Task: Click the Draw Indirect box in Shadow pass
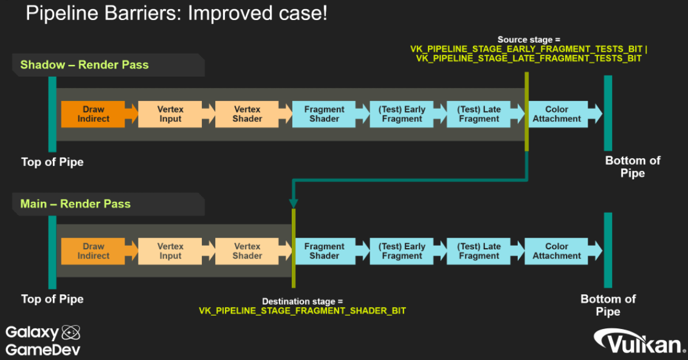pyautogui.click(x=94, y=114)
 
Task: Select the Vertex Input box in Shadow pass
pyautogui.click(x=170, y=114)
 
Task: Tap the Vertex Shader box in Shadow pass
pyautogui.click(x=247, y=114)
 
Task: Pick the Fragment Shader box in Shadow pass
pyautogui.click(x=324, y=114)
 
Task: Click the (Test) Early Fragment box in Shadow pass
pyautogui.click(x=402, y=114)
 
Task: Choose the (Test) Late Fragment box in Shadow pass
pyautogui.click(x=479, y=114)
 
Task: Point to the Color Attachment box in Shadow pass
pyautogui.click(x=557, y=114)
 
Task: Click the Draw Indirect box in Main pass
pyautogui.click(x=94, y=251)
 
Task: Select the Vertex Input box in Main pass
pyautogui.click(x=170, y=251)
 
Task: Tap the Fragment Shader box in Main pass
pyautogui.click(x=324, y=251)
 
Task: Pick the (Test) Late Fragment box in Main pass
pyautogui.click(x=479, y=251)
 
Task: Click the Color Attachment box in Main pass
pyautogui.click(x=557, y=251)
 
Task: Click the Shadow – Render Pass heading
pyautogui.click(x=84, y=65)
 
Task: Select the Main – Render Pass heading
pyautogui.click(x=75, y=204)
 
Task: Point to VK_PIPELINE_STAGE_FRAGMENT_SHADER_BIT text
pyautogui.click(x=302, y=311)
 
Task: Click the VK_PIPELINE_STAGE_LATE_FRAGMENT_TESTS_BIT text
pyautogui.click(x=529, y=58)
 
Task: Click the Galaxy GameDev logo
pyautogui.click(x=43, y=341)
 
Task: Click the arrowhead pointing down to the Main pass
pyautogui.click(x=294, y=202)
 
